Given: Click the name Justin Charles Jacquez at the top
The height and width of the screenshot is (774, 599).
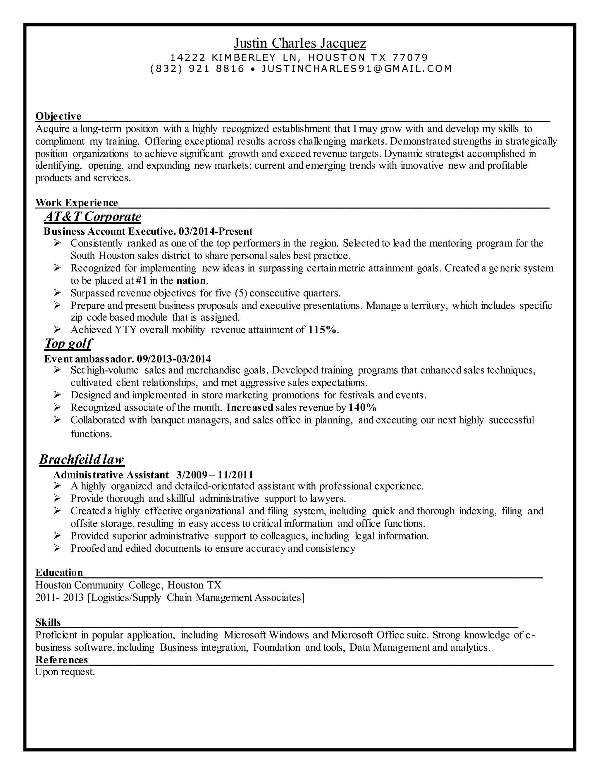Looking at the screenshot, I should [299, 43].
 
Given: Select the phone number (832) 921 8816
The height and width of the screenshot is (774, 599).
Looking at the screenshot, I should [197, 69].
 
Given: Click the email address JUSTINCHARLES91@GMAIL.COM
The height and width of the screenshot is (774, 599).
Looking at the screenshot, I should [357, 69].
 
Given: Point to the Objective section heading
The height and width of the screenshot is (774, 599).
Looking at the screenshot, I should [58, 116].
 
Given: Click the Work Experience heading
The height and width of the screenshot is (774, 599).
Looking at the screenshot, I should [77, 203].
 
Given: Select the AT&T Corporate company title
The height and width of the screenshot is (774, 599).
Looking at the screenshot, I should [93, 216].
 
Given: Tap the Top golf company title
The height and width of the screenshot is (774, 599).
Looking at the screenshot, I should [68, 343].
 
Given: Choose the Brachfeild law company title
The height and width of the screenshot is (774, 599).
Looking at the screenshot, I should [82, 459].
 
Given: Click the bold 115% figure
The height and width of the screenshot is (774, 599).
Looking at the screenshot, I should [322, 330].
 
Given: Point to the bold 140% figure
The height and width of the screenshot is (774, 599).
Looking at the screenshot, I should [362, 407].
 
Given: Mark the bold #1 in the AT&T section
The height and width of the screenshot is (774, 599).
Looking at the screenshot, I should [141, 281].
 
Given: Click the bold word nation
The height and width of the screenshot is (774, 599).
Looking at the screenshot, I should [191, 281].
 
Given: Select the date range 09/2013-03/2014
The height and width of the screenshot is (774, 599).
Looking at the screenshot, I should [174, 359].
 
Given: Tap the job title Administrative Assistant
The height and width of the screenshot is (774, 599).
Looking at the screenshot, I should [111, 475].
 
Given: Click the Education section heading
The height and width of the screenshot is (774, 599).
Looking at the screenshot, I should [59, 572].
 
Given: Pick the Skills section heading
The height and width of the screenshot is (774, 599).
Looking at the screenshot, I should [48, 622].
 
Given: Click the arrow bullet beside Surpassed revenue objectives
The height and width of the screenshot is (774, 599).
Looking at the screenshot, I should [58, 293].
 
